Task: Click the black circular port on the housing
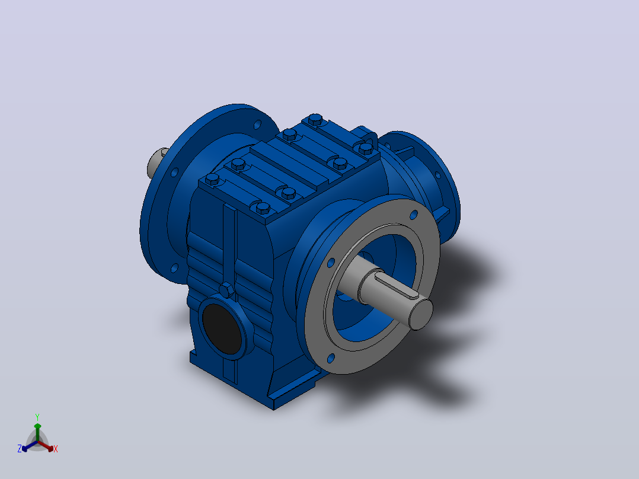222,328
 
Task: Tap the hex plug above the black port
226,290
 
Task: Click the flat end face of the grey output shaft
421,314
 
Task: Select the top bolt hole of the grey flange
414,215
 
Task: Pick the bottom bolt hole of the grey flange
331,358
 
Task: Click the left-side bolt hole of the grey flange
331,263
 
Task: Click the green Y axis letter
37,417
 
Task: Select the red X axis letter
56,449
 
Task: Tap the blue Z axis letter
20,449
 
